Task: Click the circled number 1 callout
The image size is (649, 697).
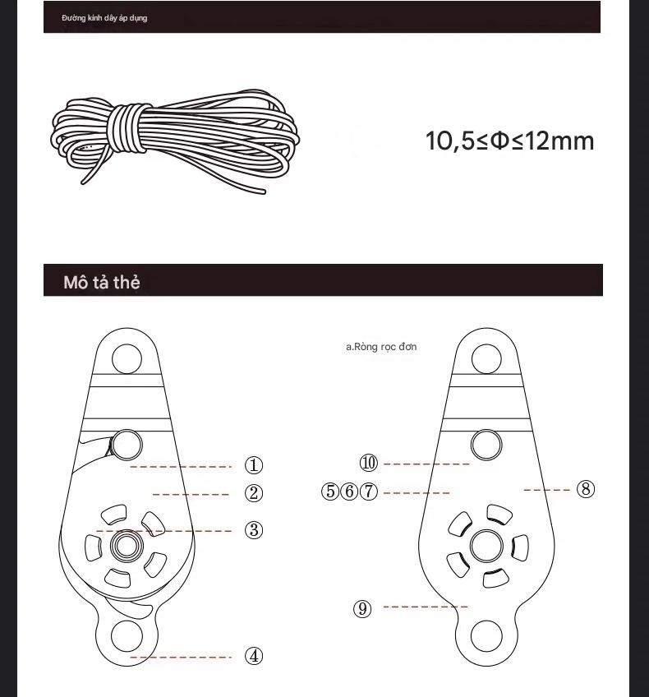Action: coord(254,465)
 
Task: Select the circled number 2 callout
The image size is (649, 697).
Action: coord(254,493)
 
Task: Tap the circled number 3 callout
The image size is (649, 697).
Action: coord(254,530)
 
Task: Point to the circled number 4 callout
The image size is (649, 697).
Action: coord(254,656)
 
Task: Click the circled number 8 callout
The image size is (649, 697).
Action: coord(585,489)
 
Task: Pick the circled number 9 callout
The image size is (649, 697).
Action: coord(362,608)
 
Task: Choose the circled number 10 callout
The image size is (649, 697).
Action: coord(369,464)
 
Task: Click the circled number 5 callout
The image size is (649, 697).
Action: coord(330,492)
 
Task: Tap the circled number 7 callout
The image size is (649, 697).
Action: coord(369,492)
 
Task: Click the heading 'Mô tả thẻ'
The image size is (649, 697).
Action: coord(102,282)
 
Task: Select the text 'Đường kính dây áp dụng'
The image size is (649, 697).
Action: coord(104,18)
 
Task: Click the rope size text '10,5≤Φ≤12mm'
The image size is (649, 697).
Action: coord(509,141)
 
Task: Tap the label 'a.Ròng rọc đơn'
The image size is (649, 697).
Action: coord(380,347)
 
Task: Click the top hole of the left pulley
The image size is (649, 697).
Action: coord(126,359)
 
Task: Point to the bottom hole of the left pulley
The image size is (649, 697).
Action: coord(127,637)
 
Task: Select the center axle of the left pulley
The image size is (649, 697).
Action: coord(126,544)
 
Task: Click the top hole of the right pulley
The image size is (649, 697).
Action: coord(486,359)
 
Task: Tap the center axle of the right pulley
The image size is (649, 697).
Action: coord(486,545)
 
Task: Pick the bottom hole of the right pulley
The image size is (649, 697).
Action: coord(486,637)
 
